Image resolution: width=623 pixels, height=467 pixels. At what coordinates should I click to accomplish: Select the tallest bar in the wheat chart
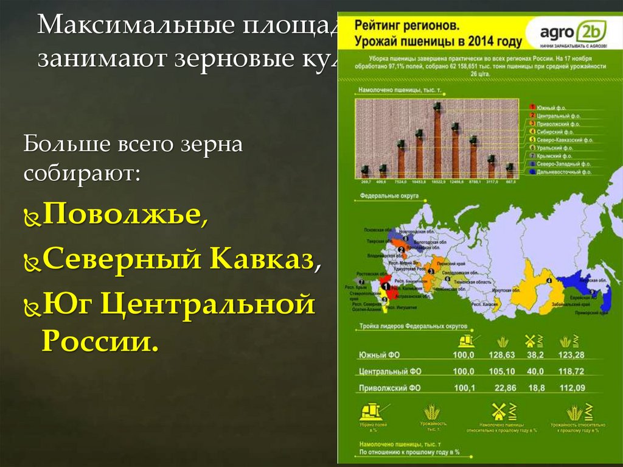click(x=437, y=143)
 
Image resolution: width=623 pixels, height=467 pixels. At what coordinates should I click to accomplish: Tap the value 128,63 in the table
click(x=502, y=354)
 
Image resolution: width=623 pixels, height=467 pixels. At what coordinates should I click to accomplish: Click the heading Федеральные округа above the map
click(x=385, y=197)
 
